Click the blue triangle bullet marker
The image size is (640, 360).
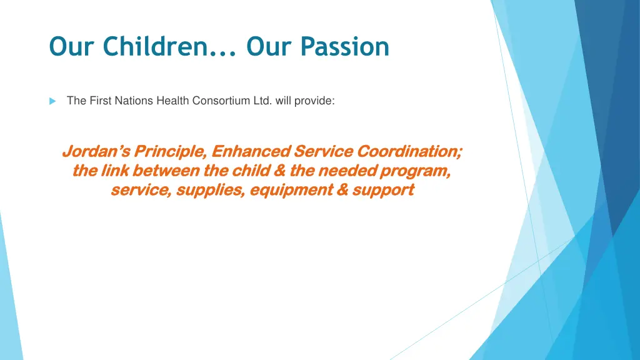point(53,101)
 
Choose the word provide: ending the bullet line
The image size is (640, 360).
point(315,101)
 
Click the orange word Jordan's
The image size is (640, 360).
point(97,151)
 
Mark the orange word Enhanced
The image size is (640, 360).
point(251,151)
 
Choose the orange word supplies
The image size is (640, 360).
point(211,190)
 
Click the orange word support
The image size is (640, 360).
point(383,190)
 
